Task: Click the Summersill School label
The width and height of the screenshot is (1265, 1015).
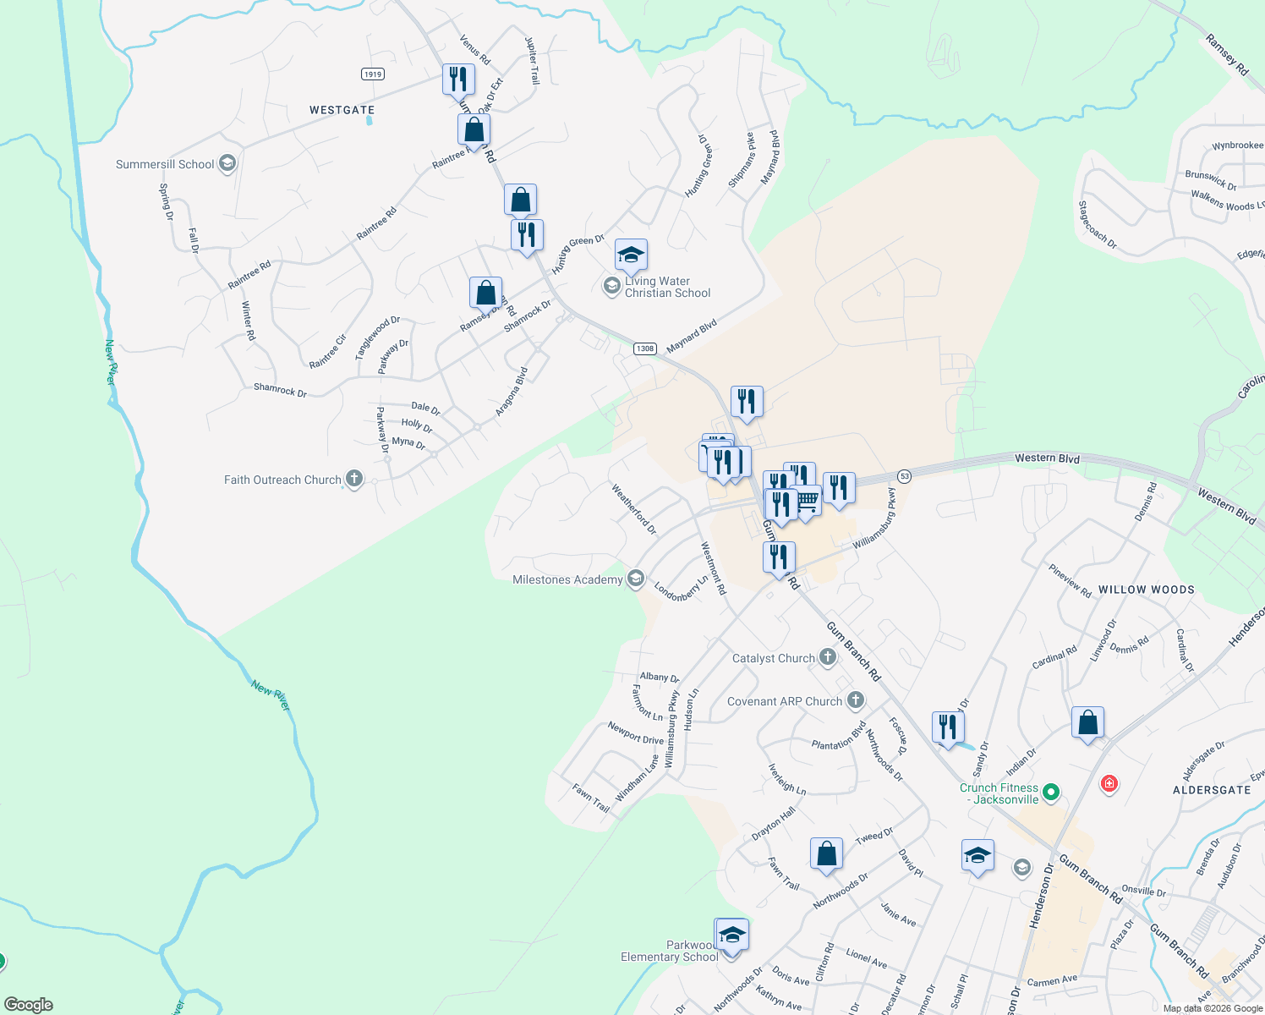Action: click(x=165, y=164)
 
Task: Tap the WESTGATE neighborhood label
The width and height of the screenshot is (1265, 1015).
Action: click(x=342, y=110)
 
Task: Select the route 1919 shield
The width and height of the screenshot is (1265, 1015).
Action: click(x=373, y=74)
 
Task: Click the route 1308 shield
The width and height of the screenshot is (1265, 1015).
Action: click(x=645, y=348)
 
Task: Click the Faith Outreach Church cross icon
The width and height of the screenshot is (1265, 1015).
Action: click(x=354, y=480)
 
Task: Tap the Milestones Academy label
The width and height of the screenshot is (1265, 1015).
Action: click(x=567, y=579)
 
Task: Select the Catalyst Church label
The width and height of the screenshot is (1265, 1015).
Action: click(x=773, y=658)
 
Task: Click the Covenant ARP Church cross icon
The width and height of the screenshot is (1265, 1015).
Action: click(x=856, y=700)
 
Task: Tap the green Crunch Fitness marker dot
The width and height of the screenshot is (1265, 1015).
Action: click(x=1051, y=793)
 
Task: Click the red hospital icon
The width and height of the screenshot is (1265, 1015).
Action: click(x=1109, y=784)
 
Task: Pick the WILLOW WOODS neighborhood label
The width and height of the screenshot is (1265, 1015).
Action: click(x=1146, y=590)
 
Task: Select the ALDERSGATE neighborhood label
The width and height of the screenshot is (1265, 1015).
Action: click(x=1212, y=790)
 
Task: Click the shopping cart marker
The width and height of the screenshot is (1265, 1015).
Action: click(x=808, y=501)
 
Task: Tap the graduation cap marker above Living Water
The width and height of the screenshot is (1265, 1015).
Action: click(x=631, y=255)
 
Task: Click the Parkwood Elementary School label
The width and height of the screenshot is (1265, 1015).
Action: click(x=669, y=951)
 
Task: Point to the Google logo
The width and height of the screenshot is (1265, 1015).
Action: click(x=29, y=1004)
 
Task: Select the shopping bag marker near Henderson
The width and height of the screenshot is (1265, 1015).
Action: click(x=1087, y=723)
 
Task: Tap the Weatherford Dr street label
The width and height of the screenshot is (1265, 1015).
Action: click(x=633, y=509)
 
